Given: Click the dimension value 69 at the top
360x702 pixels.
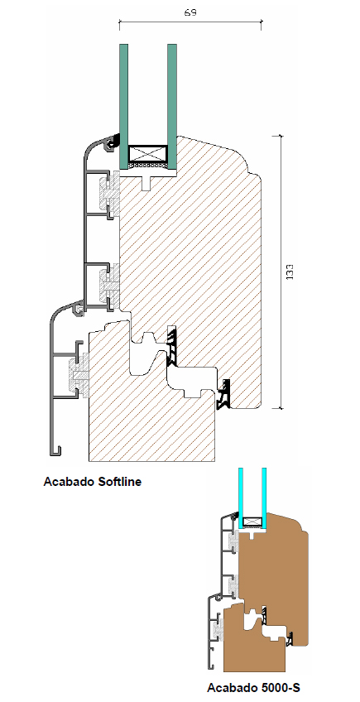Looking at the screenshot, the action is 190,12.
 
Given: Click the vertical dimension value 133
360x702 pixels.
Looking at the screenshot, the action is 290,272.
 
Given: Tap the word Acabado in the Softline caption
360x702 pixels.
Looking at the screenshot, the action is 65,482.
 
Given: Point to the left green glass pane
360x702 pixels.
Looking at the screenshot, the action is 123,106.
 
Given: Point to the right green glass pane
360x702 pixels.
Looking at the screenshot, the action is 172,106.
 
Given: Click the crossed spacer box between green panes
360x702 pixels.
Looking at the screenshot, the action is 148,154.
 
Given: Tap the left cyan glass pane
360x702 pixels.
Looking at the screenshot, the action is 241,497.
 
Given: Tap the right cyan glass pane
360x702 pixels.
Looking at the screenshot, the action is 264,497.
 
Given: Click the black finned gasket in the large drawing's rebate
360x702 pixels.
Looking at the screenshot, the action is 172,344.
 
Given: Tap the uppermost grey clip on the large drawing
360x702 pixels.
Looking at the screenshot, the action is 109,195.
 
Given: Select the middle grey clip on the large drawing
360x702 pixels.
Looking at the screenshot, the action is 109,284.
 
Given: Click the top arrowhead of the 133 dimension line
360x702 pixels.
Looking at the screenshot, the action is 281,136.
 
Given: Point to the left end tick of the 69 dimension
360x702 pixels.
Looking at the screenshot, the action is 119,24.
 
